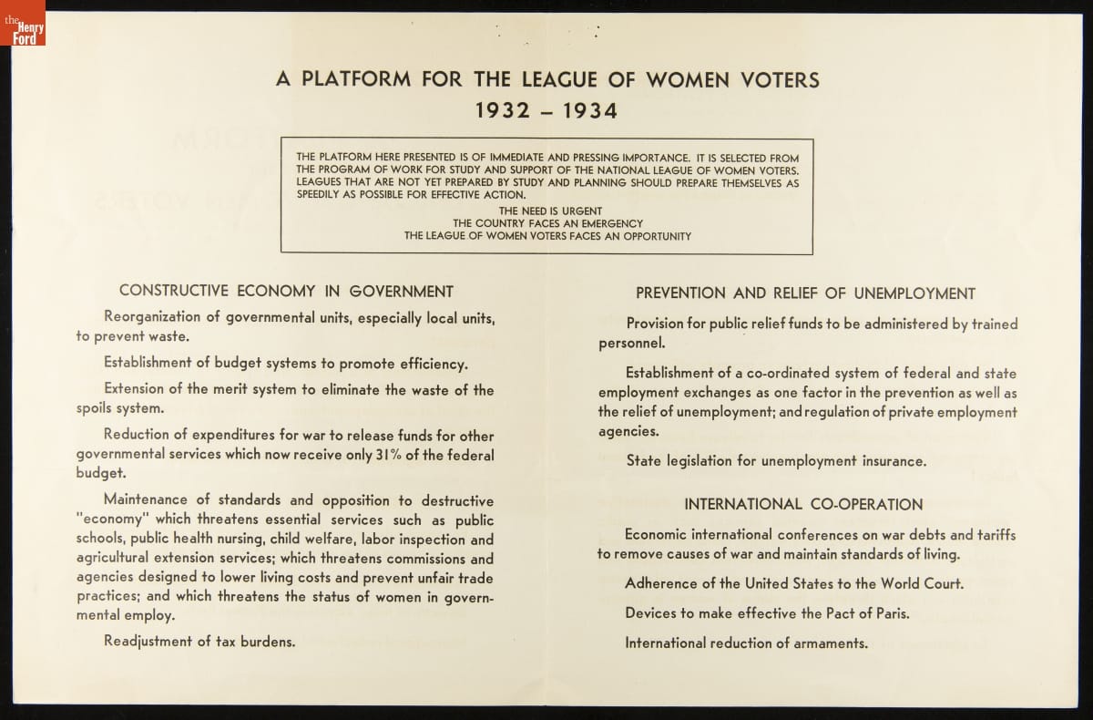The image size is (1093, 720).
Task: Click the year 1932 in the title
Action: [x=506, y=111]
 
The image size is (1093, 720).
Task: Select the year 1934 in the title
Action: [x=587, y=111]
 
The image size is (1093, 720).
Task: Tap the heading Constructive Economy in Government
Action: [x=286, y=292]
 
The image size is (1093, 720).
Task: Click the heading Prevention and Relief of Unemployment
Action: [x=805, y=293]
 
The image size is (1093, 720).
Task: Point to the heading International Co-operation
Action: [x=803, y=504]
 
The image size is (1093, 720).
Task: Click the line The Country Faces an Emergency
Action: [x=547, y=223]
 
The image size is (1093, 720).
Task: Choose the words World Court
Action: [x=921, y=583]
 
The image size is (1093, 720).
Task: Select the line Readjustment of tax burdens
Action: [x=199, y=641]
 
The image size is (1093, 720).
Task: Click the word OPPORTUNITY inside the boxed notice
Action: [x=650, y=236]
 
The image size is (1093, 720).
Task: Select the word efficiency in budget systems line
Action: [x=428, y=364]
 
